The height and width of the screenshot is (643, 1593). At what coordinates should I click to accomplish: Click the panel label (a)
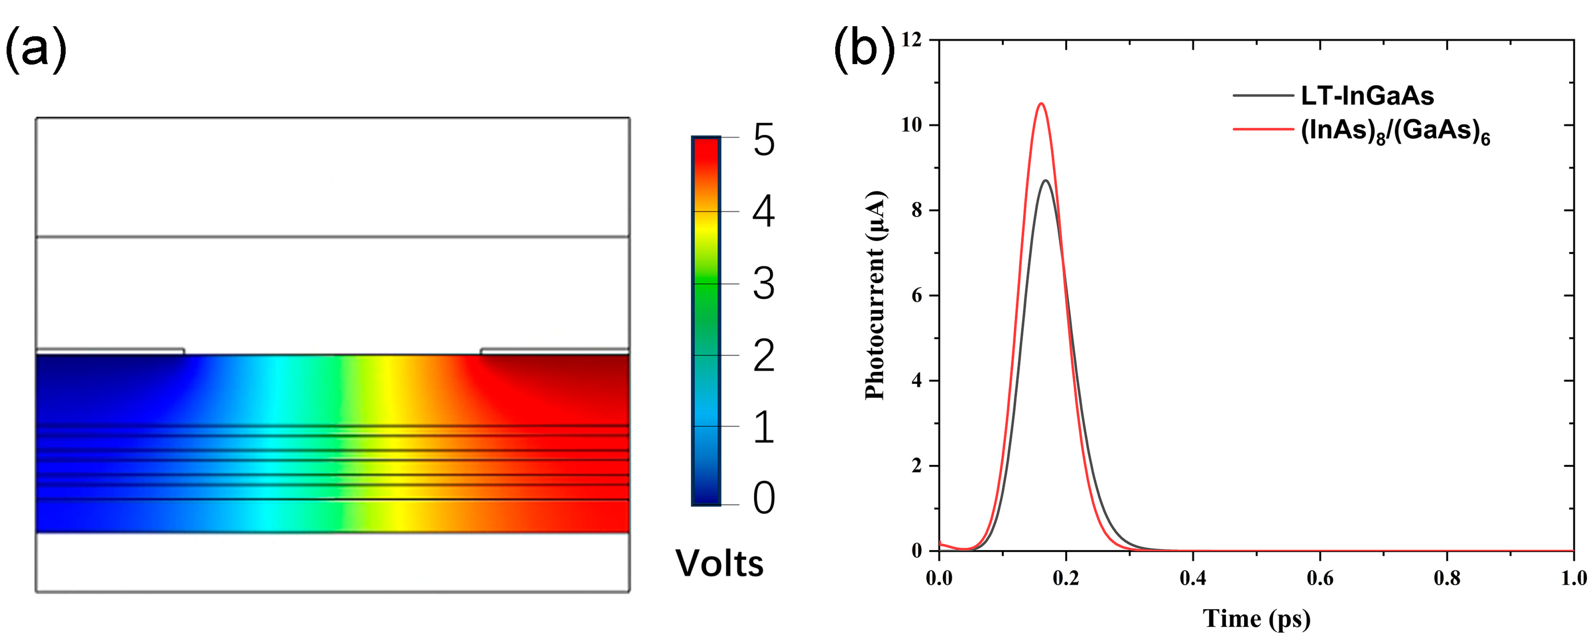(35, 49)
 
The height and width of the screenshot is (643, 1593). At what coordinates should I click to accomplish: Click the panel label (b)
(864, 49)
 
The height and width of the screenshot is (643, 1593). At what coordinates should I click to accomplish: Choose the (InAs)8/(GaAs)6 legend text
(1395, 132)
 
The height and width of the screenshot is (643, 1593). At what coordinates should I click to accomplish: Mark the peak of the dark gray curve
(1046, 181)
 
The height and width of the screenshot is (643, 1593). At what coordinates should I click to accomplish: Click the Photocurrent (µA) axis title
(875, 295)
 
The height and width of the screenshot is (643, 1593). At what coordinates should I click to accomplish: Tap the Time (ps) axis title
(1256, 619)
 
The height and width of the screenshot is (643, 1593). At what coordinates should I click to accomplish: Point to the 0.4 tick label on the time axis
(1193, 578)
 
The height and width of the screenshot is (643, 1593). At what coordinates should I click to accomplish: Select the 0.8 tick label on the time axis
(1447, 578)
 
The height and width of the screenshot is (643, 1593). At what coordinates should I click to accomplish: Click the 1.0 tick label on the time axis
(1573, 578)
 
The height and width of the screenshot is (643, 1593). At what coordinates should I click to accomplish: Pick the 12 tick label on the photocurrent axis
(911, 40)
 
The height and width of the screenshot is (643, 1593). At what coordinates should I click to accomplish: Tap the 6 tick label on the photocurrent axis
(917, 295)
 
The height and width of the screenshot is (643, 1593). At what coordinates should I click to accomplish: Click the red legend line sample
(1263, 129)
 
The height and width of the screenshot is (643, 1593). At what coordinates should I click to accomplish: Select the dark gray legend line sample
(1263, 96)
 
